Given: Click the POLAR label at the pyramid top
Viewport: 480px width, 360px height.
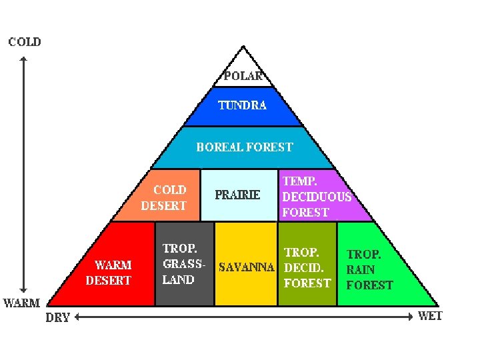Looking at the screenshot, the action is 243,76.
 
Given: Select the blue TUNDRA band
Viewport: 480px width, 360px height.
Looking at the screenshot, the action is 243,105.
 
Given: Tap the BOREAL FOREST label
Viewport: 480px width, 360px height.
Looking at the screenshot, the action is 244,147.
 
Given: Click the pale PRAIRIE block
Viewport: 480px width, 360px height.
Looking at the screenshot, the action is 238,195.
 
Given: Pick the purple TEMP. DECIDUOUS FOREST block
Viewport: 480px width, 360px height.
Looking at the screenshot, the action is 317,196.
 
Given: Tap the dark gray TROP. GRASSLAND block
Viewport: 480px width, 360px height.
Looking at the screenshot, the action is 184,264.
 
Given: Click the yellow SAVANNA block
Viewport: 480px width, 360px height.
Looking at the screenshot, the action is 246,267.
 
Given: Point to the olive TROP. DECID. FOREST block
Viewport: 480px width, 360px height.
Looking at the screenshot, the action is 307,267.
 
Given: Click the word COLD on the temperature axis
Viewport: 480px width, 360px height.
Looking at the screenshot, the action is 25,42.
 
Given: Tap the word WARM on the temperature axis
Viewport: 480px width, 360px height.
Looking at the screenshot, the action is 22,303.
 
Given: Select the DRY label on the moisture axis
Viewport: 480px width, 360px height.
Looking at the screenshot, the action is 57,318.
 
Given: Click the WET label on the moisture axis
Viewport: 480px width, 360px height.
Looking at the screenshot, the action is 430,316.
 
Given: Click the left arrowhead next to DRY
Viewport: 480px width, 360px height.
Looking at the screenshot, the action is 77,318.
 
